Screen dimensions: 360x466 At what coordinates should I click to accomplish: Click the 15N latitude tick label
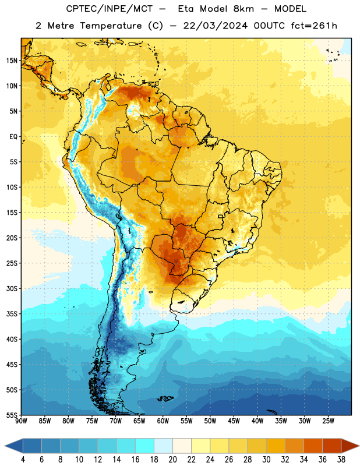pyautogui.click(x=12, y=61)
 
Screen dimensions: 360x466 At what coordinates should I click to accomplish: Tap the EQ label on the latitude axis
pyautogui.click(x=13, y=137)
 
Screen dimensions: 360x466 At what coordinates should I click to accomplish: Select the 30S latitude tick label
pyautogui.click(x=12, y=288)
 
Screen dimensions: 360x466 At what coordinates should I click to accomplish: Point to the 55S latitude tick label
pyautogui.click(x=12, y=415)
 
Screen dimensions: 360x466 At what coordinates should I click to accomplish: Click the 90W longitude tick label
pyautogui.click(x=21, y=421)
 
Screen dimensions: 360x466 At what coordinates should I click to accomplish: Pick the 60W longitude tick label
pyautogui.click(x=163, y=421)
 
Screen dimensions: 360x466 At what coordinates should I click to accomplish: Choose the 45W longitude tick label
pyautogui.click(x=234, y=421)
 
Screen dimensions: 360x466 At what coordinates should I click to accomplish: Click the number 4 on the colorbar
pyautogui.click(x=23, y=460)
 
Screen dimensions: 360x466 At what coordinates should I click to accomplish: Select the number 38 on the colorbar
pyautogui.click(x=341, y=460)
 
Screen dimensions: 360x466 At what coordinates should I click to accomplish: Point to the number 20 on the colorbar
pyautogui.click(x=172, y=460)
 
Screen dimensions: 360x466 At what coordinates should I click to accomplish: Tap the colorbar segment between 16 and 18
pyautogui.click(x=145, y=446)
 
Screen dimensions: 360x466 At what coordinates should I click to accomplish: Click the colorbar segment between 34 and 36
pyautogui.click(x=313, y=446)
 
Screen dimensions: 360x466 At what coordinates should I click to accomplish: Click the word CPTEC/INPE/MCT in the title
pyautogui.click(x=110, y=9)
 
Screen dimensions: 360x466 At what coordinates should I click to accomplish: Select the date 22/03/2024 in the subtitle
pyautogui.click(x=215, y=26)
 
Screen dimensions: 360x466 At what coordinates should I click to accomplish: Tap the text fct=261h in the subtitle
pyautogui.click(x=314, y=26)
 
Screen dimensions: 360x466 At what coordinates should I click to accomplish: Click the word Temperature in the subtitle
pyautogui.click(x=111, y=26)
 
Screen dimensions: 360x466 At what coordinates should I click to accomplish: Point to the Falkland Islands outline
pyautogui.click(x=165, y=398)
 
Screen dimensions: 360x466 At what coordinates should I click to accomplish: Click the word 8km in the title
pyautogui.click(x=243, y=9)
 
